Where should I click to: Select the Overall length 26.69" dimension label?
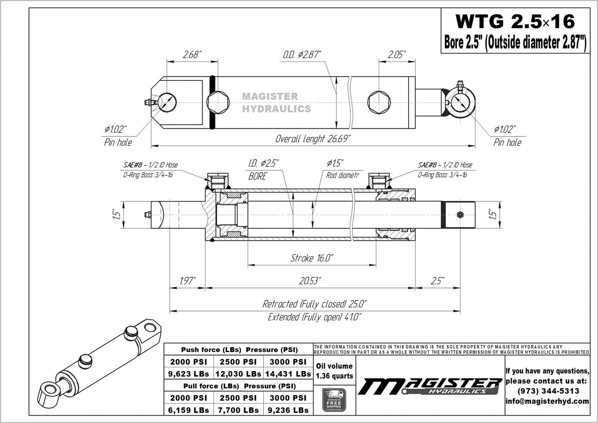click(313, 139)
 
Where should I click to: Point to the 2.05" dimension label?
click(397, 54)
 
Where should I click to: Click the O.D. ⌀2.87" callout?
click(302, 54)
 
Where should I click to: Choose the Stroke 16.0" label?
click(312, 258)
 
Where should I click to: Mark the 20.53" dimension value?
click(310, 281)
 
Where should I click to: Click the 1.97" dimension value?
click(188, 281)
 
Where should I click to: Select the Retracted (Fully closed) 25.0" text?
click(314, 304)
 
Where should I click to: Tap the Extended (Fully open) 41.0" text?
click(314, 317)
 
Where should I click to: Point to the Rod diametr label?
click(342, 175)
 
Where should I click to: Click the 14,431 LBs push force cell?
click(288, 374)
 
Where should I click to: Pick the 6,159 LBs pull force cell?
click(189, 410)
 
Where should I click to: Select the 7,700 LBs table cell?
click(238, 410)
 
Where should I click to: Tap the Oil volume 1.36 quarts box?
click(334, 371)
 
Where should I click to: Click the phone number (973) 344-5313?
click(547, 390)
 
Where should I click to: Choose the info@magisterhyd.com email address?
click(547, 401)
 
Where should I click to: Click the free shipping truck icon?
click(334, 399)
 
